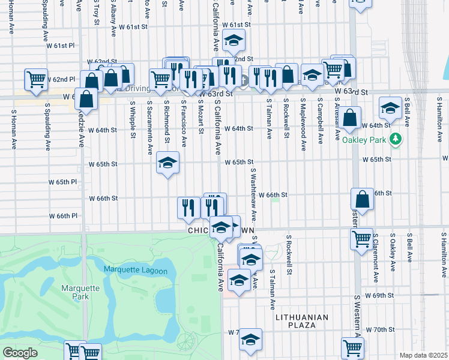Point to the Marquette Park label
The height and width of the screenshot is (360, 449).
80,292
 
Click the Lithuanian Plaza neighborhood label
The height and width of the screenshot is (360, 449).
302,321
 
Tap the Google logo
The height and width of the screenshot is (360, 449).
20,353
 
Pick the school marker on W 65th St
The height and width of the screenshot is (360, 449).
168,163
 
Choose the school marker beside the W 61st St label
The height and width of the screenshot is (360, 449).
234,41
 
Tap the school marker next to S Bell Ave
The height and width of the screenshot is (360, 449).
390,109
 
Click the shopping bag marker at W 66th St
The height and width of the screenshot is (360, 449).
362,199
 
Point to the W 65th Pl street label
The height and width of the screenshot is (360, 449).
62,181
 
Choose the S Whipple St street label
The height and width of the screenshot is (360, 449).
133,119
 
